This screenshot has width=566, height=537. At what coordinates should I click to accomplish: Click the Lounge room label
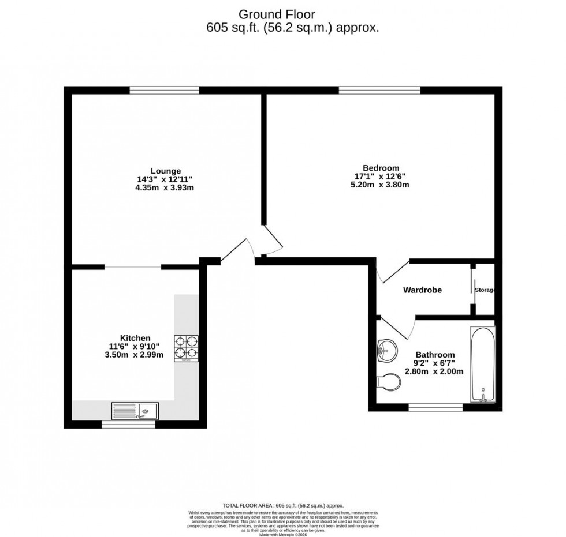tap(166, 171)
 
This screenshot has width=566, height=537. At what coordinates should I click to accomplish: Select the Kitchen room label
tap(135, 337)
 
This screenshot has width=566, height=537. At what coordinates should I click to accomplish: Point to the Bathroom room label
tap(435, 355)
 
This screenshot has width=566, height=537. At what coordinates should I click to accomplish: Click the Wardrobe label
tap(422, 290)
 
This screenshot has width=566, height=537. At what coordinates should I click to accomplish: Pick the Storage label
tap(485, 290)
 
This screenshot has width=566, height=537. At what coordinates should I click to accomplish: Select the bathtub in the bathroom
tap(482, 365)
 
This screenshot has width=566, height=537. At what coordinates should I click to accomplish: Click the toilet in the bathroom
tap(389, 381)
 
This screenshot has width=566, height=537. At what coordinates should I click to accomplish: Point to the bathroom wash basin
tap(385, 350)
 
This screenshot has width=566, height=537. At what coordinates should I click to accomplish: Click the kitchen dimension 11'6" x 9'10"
tap(135, 346)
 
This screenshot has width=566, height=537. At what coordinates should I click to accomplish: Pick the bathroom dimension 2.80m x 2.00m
tap(435, 371)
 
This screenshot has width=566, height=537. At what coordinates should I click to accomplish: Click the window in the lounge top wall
tap(164, 90)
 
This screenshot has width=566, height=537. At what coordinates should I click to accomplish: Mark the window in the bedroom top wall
tap(379, 90)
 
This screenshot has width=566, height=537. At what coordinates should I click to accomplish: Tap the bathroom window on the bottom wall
tap(435, 408)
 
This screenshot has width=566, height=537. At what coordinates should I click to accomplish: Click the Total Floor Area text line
tap(283, 505)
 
